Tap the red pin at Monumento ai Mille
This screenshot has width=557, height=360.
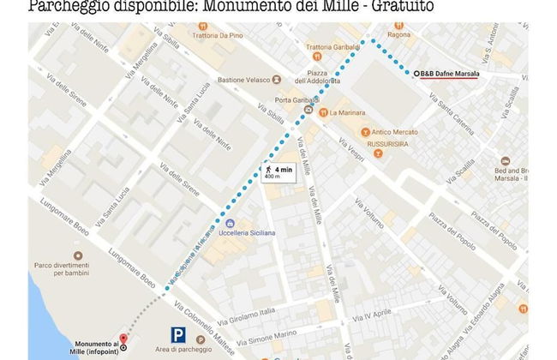pos(122,339)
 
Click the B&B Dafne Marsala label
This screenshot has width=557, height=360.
pos(449,74)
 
